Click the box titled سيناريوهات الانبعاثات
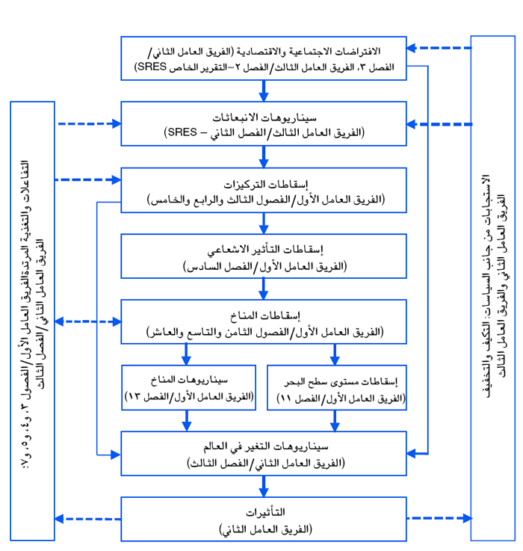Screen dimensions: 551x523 (x=264, y=123)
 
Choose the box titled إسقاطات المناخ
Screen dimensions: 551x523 (x=264, y=322)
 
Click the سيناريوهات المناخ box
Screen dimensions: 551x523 (x=191, y=387)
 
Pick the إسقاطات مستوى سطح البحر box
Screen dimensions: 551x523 (x=336, y=387)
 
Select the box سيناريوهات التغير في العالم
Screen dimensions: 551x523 (x=264, y=453)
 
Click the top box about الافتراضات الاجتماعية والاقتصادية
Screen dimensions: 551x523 (x=264, y=58)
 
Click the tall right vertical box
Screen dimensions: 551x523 (x=492, y=288)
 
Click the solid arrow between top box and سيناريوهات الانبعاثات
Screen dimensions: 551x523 (x=264, y=90)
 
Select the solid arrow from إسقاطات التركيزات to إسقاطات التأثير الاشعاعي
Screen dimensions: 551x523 (x=264, y=223)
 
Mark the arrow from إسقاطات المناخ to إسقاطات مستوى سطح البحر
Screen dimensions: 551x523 (x=335, y=354)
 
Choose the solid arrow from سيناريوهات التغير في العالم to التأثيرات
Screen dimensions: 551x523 (x=264, y=486)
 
